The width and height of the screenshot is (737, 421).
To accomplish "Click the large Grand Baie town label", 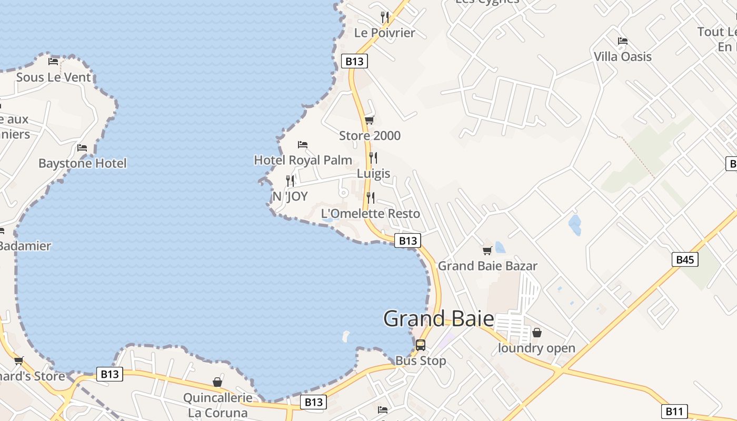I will point(439,319).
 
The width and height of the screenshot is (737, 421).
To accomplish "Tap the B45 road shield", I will point(685,259).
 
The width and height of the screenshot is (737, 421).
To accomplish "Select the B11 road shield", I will point(674,411).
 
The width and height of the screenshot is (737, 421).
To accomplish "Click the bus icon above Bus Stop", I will point(421,345).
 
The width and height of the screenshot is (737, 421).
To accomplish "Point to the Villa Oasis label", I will point(623,56).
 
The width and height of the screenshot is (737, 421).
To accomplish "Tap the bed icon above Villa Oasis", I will point(623,41).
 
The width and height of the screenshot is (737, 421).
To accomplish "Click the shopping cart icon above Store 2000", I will point(370,121).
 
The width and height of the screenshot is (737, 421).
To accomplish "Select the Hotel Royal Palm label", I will point(303,159).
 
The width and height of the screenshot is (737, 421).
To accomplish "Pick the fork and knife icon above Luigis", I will point(373,157).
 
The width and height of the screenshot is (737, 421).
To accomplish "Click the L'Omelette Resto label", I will point(371,213).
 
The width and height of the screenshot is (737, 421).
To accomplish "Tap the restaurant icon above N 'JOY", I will point(290,181).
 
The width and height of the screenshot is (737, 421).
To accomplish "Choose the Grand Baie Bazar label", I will point(487,266).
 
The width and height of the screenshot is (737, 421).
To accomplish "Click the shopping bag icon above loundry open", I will point(537,333).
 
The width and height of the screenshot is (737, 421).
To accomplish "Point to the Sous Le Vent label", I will point(53,77).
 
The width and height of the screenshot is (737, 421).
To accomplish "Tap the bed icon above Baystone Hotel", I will point(82,148).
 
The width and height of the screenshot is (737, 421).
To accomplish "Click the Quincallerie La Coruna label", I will point(217,405).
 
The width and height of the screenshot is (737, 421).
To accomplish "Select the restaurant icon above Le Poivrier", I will point(385,17).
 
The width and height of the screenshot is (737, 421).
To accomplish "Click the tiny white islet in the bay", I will point(346,335).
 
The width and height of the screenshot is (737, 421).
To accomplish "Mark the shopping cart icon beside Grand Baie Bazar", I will point(487,250).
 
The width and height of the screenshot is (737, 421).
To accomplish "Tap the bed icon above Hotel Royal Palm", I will point(302,144).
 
